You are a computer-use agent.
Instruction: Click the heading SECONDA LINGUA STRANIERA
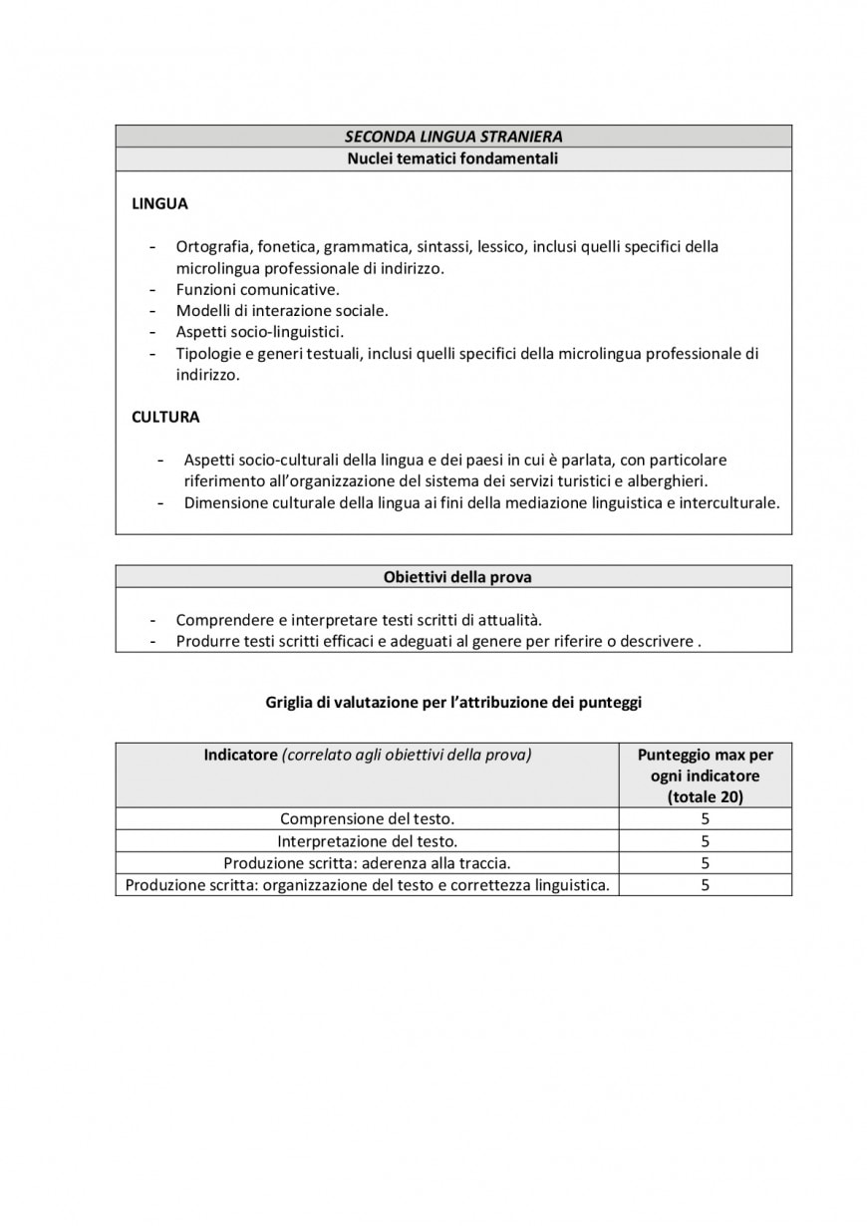pos(453,137)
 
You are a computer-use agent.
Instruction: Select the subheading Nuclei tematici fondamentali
pos(453,158)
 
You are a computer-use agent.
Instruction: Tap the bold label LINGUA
pos(159,204)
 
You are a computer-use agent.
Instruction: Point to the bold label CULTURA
pos(165,418)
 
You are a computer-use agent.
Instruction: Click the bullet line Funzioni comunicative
pos(258,290)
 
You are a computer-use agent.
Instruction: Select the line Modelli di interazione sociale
pos(282,311)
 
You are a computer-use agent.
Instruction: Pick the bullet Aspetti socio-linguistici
pos(266,332)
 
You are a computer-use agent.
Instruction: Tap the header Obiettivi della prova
pos(453,577)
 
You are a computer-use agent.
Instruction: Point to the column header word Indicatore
pos(240,755)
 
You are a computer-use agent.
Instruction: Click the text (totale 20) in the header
pos(705,796)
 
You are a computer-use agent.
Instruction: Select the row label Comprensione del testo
pos(367,819)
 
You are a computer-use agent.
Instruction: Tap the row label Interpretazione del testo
pos(367,841)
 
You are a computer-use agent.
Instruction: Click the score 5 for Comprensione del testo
pos(705,819)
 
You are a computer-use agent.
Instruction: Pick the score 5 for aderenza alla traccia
pos(705,863)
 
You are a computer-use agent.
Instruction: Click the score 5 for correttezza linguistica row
pos(705,885)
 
